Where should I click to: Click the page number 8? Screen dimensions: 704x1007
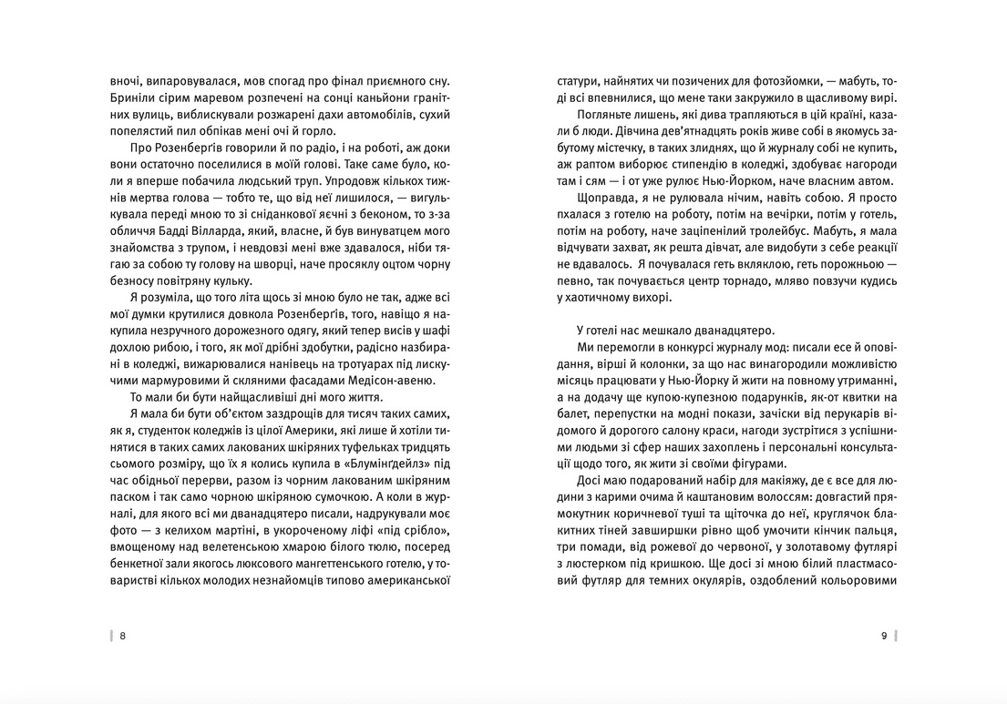pos(123,637)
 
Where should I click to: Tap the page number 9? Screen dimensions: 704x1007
pos(884,637)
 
